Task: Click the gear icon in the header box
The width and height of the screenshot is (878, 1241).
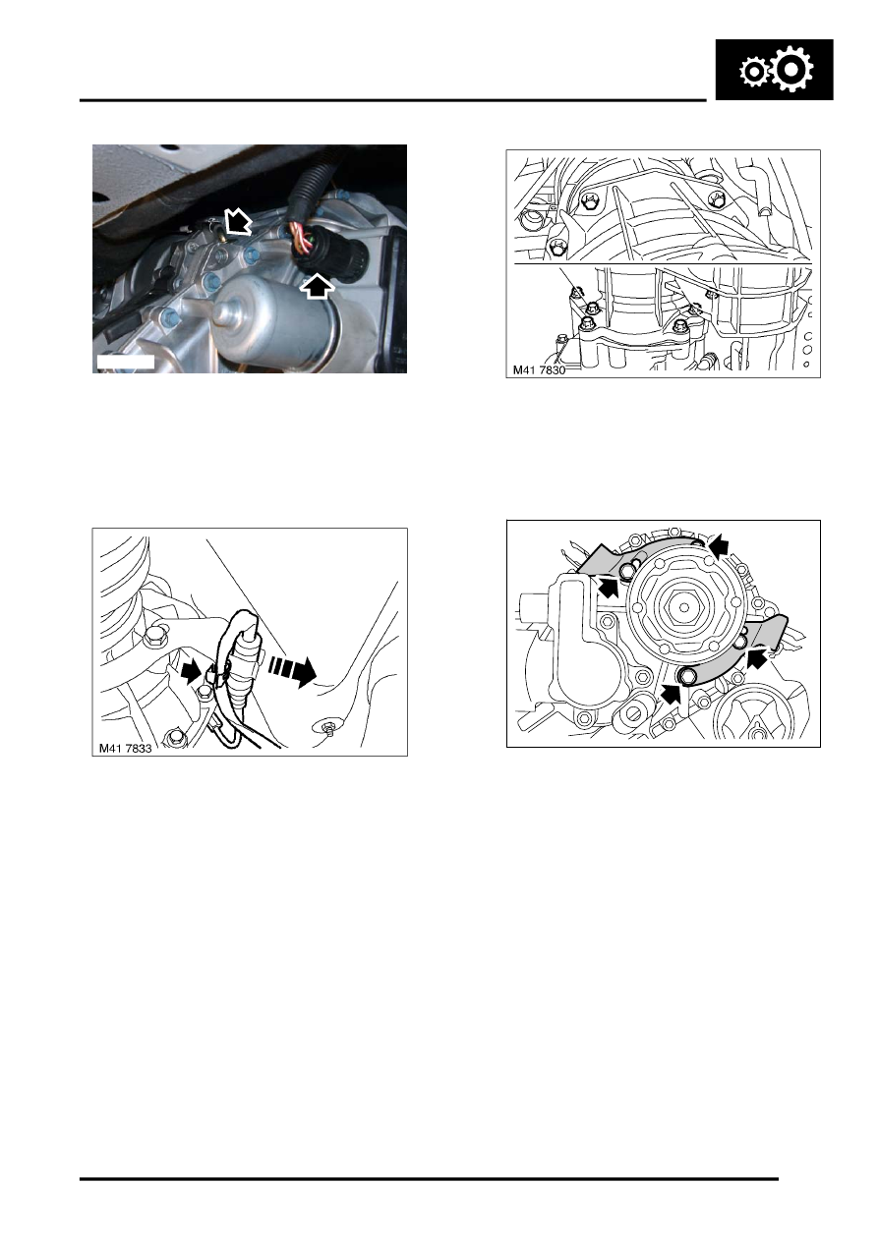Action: click(774, 71)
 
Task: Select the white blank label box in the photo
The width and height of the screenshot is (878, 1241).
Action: click(126, 363)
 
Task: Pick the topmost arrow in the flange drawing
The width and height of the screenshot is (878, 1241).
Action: click(720, 542)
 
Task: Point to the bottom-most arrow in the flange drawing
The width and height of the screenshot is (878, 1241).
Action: click(672, 696)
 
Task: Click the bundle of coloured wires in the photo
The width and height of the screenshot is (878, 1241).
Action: click(299, 240)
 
